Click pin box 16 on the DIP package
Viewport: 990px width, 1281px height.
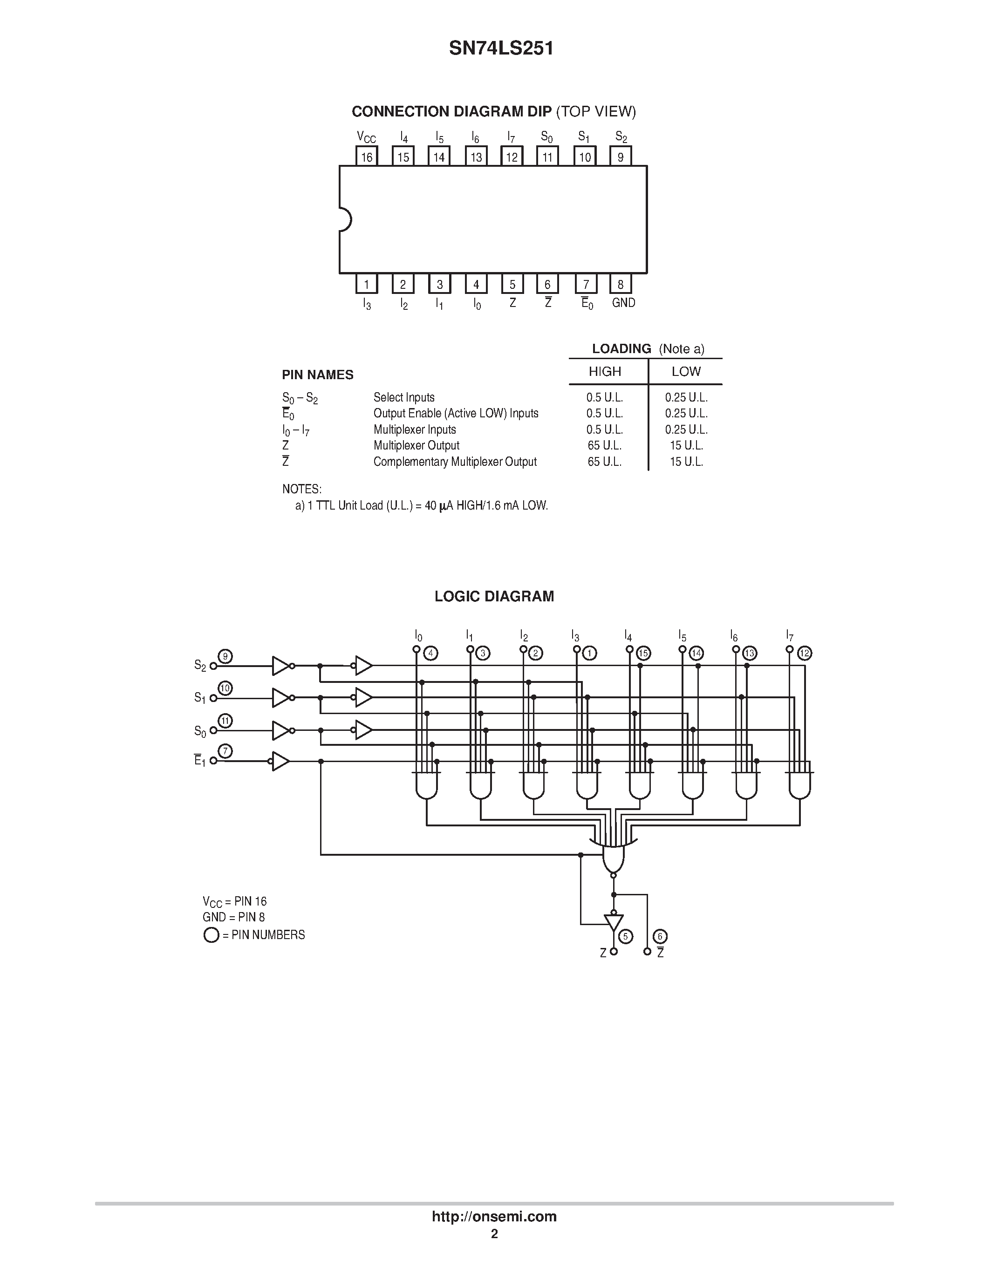pos(367,157)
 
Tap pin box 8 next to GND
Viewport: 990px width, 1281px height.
pos(621,285)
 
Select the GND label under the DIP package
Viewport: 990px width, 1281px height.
pos(623,303)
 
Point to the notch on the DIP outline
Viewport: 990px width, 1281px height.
pos(345,220)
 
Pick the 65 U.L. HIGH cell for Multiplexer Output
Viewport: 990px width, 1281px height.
pos(605,446)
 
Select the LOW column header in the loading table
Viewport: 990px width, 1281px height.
pos(686,371)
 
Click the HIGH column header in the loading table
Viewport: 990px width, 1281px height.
pos(605,371)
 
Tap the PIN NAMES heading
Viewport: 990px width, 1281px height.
pos(318,375)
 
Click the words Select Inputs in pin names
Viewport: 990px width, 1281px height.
pos(404,397)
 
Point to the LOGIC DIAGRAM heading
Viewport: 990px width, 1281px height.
pos(494,597)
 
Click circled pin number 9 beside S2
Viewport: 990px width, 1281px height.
pos(225,656)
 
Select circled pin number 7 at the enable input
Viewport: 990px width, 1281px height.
pos(225,751)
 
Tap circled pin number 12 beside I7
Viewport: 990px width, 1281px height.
pos(805,653)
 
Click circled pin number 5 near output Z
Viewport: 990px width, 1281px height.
pos(626,937)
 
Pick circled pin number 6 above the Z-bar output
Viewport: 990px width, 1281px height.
pos(660,937)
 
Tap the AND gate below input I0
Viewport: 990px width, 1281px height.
pos(426,785)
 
